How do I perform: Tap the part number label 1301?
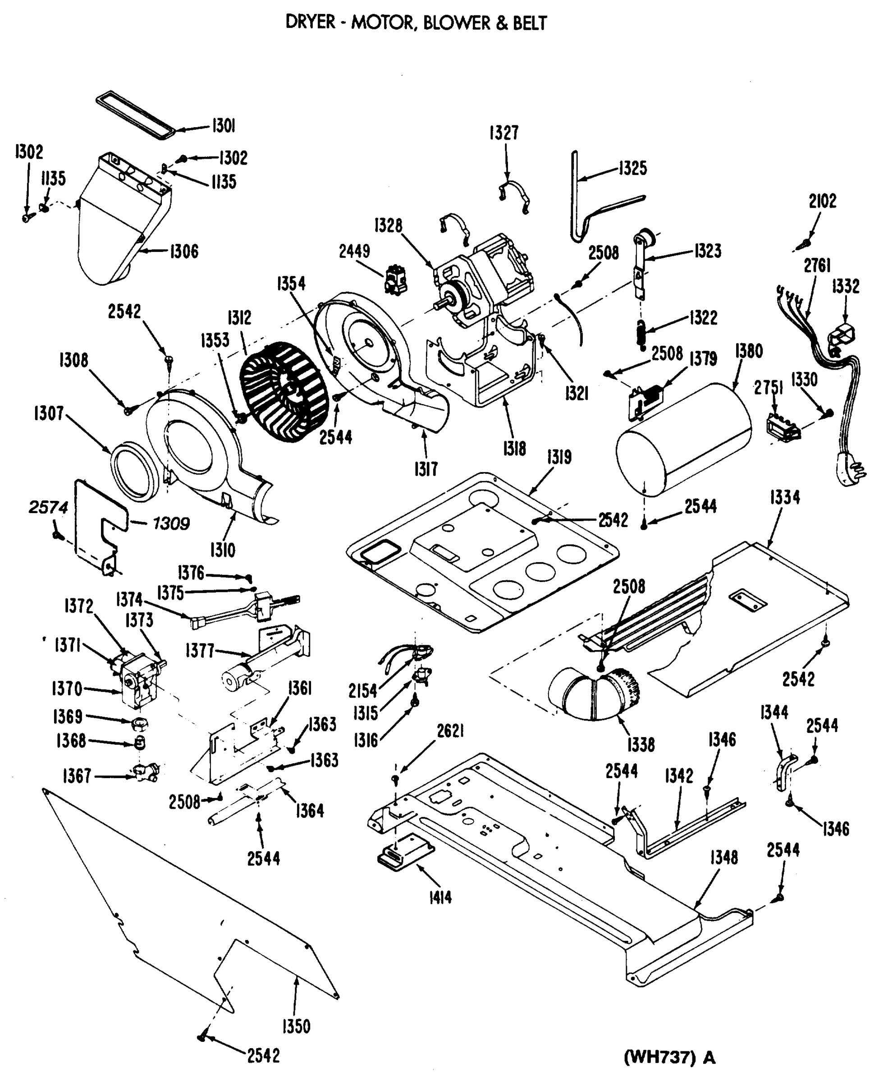223,126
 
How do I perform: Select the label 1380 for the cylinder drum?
749,350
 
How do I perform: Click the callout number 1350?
296,1026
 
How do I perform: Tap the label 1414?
439,898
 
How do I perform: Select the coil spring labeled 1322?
642,335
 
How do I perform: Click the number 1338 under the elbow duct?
641,745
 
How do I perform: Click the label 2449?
354,251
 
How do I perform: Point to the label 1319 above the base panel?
559,457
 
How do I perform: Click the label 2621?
450,731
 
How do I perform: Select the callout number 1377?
200,650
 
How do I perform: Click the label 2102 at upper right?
822,201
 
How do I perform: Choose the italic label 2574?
48,507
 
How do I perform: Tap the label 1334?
785,497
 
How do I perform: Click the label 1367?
77,776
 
